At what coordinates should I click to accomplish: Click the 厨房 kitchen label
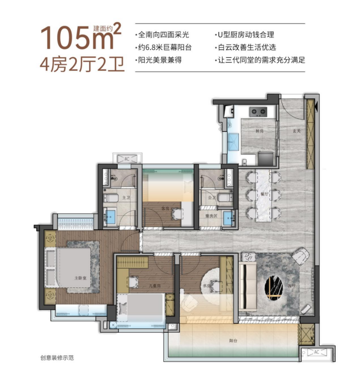click(x=259, y=131)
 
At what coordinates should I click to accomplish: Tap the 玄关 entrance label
click(x=296, y=131)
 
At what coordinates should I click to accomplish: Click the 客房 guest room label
click(x=165, y=208)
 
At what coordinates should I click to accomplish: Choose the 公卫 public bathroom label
click(x=211, y=198)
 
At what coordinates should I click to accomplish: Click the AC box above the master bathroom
click(x=126, y=159)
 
